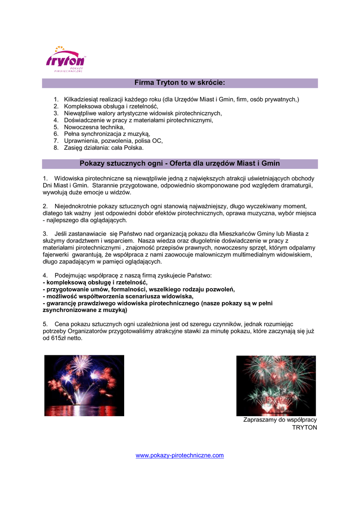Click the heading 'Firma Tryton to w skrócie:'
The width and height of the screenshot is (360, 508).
coord(180,82)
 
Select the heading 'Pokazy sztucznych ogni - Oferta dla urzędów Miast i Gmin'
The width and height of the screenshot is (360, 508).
coord(180,163)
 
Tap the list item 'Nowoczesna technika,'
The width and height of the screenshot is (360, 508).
coord(94,127)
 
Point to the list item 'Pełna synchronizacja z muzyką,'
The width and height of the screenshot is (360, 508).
coord(107,134)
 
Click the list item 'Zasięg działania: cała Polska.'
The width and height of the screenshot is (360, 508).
coord(104,148)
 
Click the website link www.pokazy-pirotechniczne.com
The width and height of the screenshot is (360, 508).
coord(180,455)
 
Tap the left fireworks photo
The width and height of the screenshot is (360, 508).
coord(84,385)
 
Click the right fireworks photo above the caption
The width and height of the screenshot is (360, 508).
coord(276,385)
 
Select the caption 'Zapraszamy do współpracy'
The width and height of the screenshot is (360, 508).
coord(280,420)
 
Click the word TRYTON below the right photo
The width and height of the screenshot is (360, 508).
coord(304,427)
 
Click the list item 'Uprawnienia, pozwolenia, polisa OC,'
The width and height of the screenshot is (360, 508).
coord(113,141)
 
